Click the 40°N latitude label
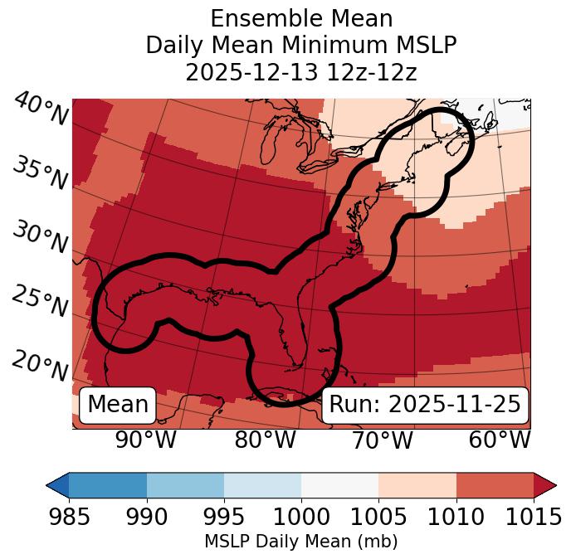41,110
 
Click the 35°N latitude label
41,173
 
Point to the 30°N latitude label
41,238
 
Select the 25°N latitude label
41,302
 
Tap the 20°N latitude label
41,366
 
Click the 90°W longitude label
146,440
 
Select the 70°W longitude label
383,440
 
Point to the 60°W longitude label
500,440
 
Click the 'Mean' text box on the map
118,405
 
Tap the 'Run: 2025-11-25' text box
425,405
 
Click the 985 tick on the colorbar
69,518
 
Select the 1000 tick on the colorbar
301,518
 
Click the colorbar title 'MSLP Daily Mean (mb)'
300,542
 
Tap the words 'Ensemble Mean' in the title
301,18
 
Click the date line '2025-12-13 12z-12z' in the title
301,72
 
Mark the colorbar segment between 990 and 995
185,485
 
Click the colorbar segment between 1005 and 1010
417,485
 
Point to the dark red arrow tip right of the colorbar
547,485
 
